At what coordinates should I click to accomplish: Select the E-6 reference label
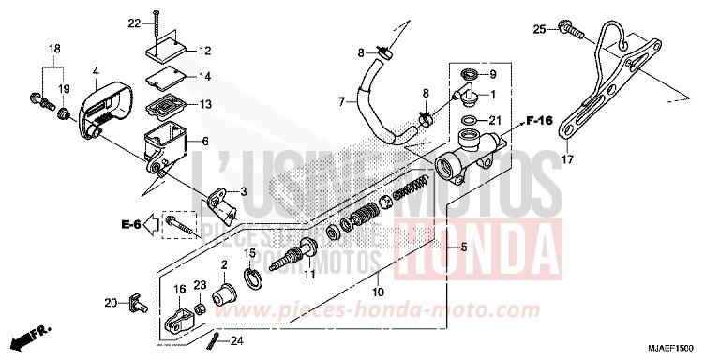130,224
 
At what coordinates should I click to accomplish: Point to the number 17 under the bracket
565,161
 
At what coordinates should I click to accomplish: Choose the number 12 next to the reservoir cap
205,50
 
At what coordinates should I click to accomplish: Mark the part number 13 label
205,103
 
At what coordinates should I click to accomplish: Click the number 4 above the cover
95,70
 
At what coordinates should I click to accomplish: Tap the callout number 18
54,48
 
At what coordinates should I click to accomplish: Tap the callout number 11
309,275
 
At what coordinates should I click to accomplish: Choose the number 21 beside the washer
496,120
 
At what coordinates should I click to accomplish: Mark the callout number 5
460,246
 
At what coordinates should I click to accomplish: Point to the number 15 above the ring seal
250,252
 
